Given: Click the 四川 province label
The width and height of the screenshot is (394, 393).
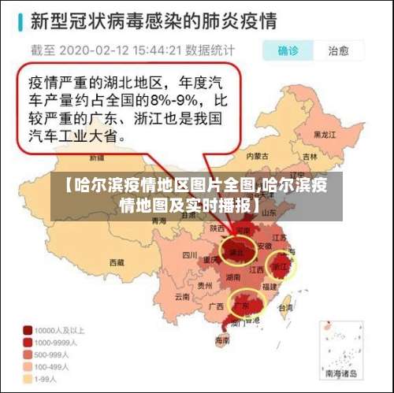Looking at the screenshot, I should pyautogui.click(x=189, y=254).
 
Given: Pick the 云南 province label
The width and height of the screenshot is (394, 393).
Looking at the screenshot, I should pyautogui.click(x=182, y=297).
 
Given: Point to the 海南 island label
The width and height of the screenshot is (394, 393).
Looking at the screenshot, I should pyautogui.click(x=223, y=340).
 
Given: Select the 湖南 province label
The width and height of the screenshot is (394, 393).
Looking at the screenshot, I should pyautogui.click(x=233, y=277).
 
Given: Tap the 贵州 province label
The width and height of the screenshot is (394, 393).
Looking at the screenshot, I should pyautogui.click(x=206, y=285).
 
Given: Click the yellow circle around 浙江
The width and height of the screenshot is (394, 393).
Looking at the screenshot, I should pyautogui.click(x=281, y=265).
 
